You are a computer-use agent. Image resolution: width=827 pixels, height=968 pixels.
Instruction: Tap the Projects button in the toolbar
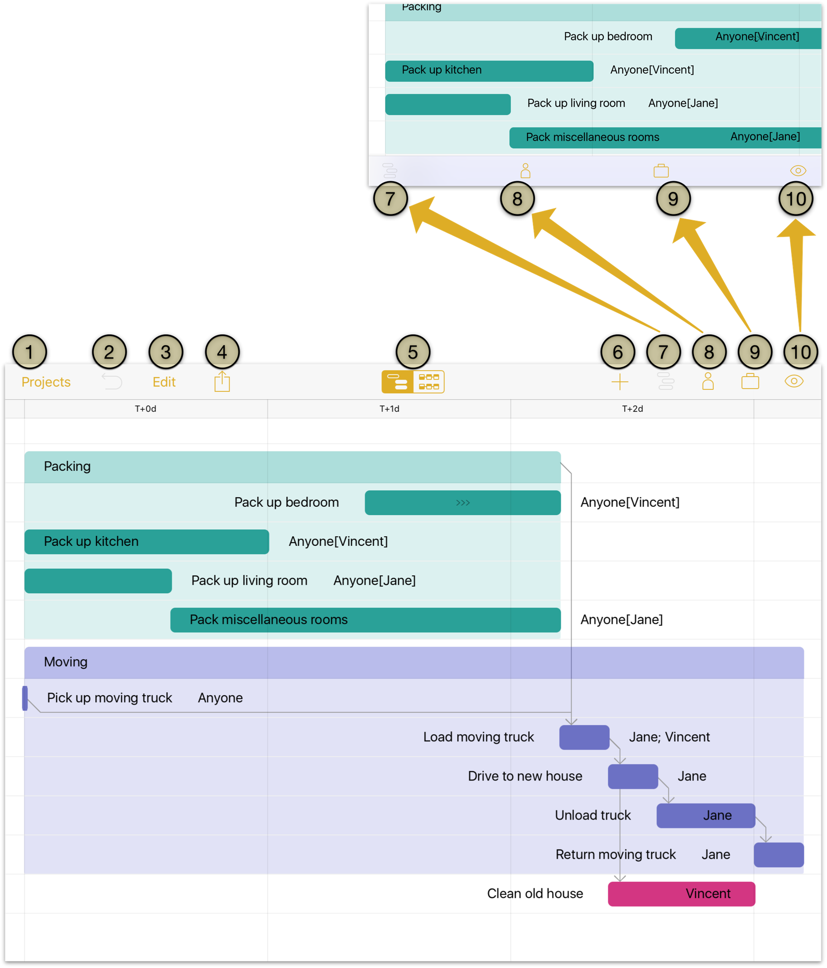[x=46, y=382]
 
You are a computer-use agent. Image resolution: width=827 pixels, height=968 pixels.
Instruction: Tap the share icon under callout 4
[x=222, y=381]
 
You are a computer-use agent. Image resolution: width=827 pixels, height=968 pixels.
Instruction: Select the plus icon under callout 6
[x=619, y=382]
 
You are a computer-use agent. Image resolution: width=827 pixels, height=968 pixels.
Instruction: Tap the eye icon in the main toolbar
[x=793, y=381]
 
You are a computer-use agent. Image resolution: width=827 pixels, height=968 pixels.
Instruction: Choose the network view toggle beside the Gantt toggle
[x=428, y=382]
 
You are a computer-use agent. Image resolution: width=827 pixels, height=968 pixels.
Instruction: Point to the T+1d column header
[x=389, y=409]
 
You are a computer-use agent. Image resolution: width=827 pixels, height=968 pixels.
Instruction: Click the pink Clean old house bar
[x=681, y=894]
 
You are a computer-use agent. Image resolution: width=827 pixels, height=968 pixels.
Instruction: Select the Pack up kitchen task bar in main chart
[x=147, y=541]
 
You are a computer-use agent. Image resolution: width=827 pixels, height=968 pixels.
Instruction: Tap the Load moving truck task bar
[x=584, y=737]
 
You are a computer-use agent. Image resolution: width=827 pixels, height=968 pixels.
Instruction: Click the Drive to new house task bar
[x=633, y=777]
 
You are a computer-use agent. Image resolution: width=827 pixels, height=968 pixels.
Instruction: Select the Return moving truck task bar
[x=779, y=855]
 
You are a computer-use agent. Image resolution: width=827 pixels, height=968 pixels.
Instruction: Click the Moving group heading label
[x=66, y=662]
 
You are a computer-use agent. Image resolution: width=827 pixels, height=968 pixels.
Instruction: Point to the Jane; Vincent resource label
[x=669, y=737]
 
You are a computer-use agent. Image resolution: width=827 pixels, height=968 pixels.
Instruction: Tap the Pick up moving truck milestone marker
[x=25, y=698]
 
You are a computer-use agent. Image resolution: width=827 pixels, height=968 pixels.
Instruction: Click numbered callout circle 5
[x=413, y=352]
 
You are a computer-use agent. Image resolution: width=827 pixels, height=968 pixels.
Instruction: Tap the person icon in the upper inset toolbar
[x=525, y=170]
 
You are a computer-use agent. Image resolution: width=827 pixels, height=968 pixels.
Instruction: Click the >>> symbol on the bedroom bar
[x=462, y=503]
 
